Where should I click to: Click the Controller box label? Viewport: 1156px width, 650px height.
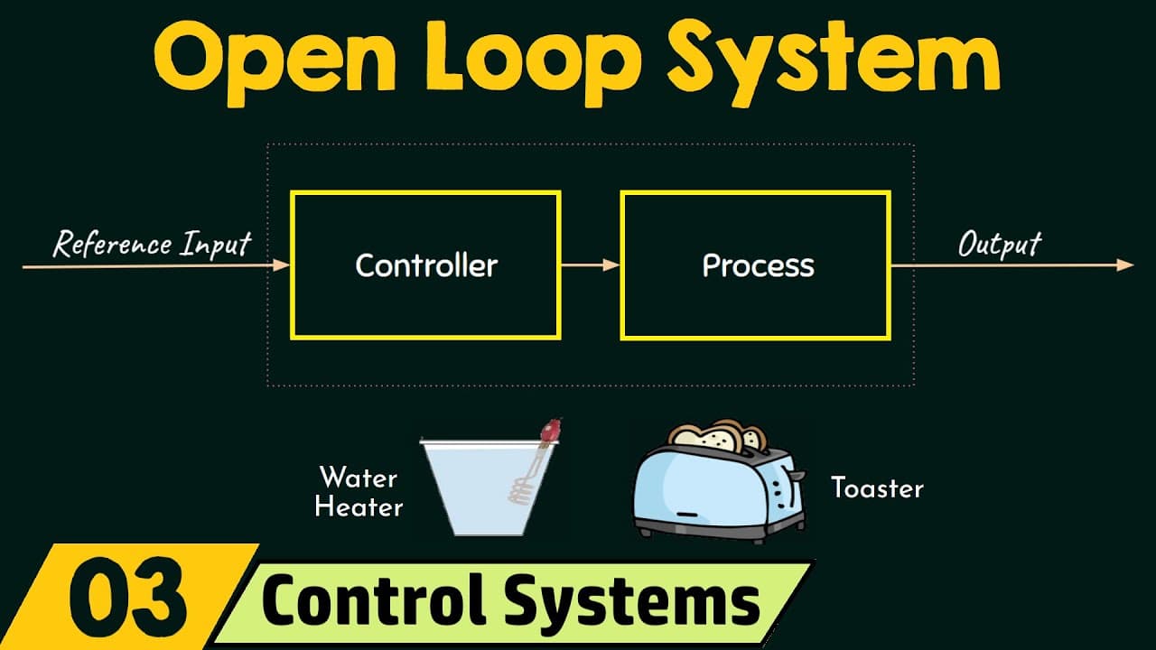coord(426,265)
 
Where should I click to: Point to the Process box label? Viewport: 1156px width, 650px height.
coord(758,265)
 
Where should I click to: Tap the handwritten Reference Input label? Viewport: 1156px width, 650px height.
coord(152,244)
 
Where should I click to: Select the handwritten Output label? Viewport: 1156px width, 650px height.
coord(999,244)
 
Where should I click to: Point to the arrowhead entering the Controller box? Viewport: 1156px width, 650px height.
coord(282,265)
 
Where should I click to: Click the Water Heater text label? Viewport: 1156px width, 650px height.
coord(359,491)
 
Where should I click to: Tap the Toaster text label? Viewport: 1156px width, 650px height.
coord(877,488)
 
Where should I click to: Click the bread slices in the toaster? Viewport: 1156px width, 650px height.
coord(719,436)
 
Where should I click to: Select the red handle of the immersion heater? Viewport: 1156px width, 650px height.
coord(549,432)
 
